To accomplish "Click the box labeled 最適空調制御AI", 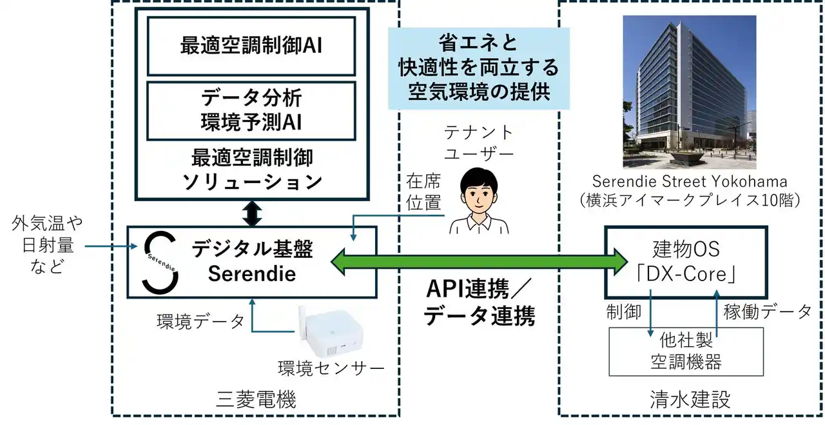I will (252, 46).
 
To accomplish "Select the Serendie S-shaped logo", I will (160, 262).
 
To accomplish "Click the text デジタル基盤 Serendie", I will (252, 262).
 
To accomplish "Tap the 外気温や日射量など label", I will (48, 245).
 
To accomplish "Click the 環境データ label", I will (200, 321).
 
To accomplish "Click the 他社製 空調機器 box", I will (686, 351).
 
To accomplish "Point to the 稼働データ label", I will (768, 311).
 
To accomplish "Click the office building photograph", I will (689, 92).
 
